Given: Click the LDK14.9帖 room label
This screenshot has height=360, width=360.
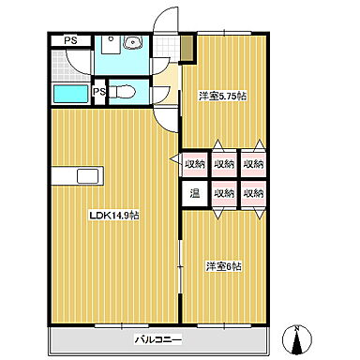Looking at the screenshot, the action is [x=114, y=216].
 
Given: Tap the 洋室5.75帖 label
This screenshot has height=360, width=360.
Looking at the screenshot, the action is [x=222, y=97].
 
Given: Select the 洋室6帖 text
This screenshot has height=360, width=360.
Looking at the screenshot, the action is [x=223, y=266].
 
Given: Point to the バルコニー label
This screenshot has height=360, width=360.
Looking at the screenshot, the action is [x=158, y=339].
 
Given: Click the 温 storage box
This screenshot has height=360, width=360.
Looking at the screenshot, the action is [x=195, y=194].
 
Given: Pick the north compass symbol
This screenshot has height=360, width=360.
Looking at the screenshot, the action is [x=297, y=340].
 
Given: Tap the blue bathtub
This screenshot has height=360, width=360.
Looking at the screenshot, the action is [x=70, y=94].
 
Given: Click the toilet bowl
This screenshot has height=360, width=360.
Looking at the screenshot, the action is [x=125, y=92].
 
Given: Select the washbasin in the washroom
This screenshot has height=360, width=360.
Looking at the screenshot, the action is [x=133, y=42].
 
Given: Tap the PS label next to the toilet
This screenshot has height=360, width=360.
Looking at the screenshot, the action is [x=100, y=92].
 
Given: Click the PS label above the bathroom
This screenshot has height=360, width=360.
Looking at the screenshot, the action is [x=70, y=40].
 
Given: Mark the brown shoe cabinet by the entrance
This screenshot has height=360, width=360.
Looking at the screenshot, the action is [x=187, y=49].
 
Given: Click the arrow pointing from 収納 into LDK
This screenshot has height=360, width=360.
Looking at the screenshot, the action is [x=175, y=159].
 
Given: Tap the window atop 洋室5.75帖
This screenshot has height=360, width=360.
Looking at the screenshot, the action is [x=224, y=33].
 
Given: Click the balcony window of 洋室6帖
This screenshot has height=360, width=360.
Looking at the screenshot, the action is [x=224, y=325].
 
